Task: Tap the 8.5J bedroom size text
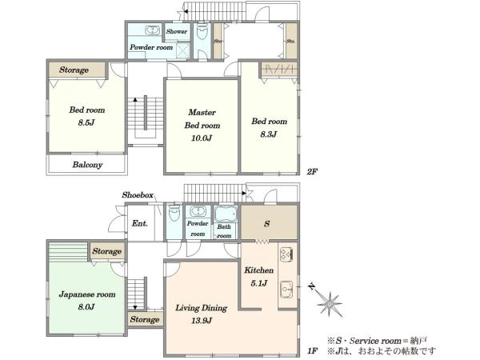click(x=86, y=122)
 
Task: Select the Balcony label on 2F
click(x=87, y=165)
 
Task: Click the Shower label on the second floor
click(x=177, y=31)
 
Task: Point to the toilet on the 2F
click(x=202, y=31)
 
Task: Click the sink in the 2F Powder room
click(x=152, y=30)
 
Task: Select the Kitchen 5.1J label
click(x=258, y=277)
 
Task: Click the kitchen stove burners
click(x=286, y=254)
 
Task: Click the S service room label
click(x=267, y=223)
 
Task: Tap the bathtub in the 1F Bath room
click(x=226, y=214)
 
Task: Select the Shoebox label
click(x=138, y=195)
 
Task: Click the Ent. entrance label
click(x=139, y=223)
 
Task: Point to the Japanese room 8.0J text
click(x=87, y=300)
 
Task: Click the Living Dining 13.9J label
click(x=201, y=314)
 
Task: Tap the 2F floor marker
click(x=312, y=171)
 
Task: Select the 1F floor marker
click(x=312, y=350)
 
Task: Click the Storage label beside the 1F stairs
click(x=145, y=319)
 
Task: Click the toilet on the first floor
click(x=174, y=213)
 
